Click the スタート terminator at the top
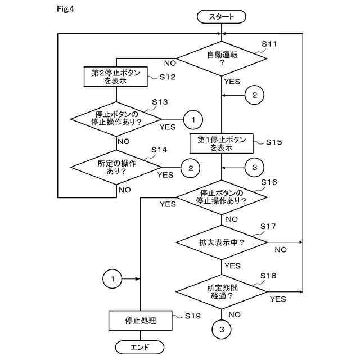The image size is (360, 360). pyautogui.click(x=221, y=16)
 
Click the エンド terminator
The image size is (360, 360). pyautogui.click(x=139, y=347)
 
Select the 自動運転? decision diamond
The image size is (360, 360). pyautogui.click(x=222, y=58)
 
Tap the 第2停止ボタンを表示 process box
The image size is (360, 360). pyautogui.click(x=116, y=76)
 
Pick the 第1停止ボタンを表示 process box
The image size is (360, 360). pyautogui.click(x=222, y=143)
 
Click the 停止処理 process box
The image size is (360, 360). pyautogui.click(x=140, y=321)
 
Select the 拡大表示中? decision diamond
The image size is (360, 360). pyautogui.click(x=222, y=242)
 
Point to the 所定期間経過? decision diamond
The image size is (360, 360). pyautogui.click(x=222, y=292)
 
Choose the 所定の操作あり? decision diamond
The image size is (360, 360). pyautogui.click(x=116, y=167)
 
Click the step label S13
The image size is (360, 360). pyautogui.click(x=160, y=102)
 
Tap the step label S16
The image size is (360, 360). pyautogui.click(x=269, y=182)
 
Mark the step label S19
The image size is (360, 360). pyautogui.click(x=193, y=316)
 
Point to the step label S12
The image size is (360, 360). pyautogui.click(x=168, y=76)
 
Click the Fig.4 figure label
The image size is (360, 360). pyautogui.click(x=65, y=9)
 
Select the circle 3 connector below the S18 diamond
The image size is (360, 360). pyautogui.click(x=222, y=330)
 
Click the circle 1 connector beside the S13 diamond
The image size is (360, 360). pyautogui.click(x=193, y=120)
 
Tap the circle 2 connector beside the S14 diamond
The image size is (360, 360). pyautogui.click(x=191, y=168)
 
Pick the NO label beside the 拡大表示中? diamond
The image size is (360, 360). pyautogui.click(x=281, y=250)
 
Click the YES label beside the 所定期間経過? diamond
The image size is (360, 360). pyautogui.click(x=278, y=299)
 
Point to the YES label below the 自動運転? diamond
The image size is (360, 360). pyautogui.click(x=232, y=82)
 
